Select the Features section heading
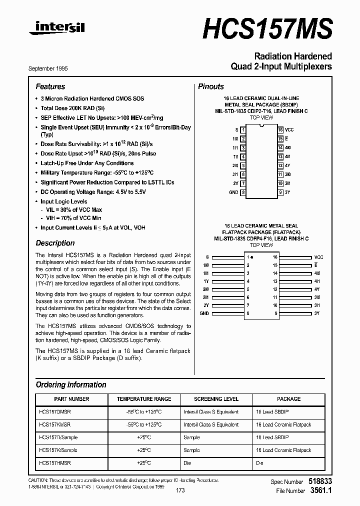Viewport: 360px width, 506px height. [x=50, y=86]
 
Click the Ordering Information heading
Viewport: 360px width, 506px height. [x=71, y=384]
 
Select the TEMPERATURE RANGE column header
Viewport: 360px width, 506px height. [x=144, y=399]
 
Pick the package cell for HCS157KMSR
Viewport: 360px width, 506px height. [x=283, y=424]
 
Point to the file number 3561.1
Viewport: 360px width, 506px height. [x=321, y=490]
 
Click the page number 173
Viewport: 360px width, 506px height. [x=180, y=490]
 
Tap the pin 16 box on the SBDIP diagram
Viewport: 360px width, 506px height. [x=280, y=130]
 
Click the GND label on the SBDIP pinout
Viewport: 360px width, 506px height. [x=233, y=192]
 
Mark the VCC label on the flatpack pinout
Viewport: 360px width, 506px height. [x=318, y=256]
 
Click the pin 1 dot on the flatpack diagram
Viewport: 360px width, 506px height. [x=251, y=256]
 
